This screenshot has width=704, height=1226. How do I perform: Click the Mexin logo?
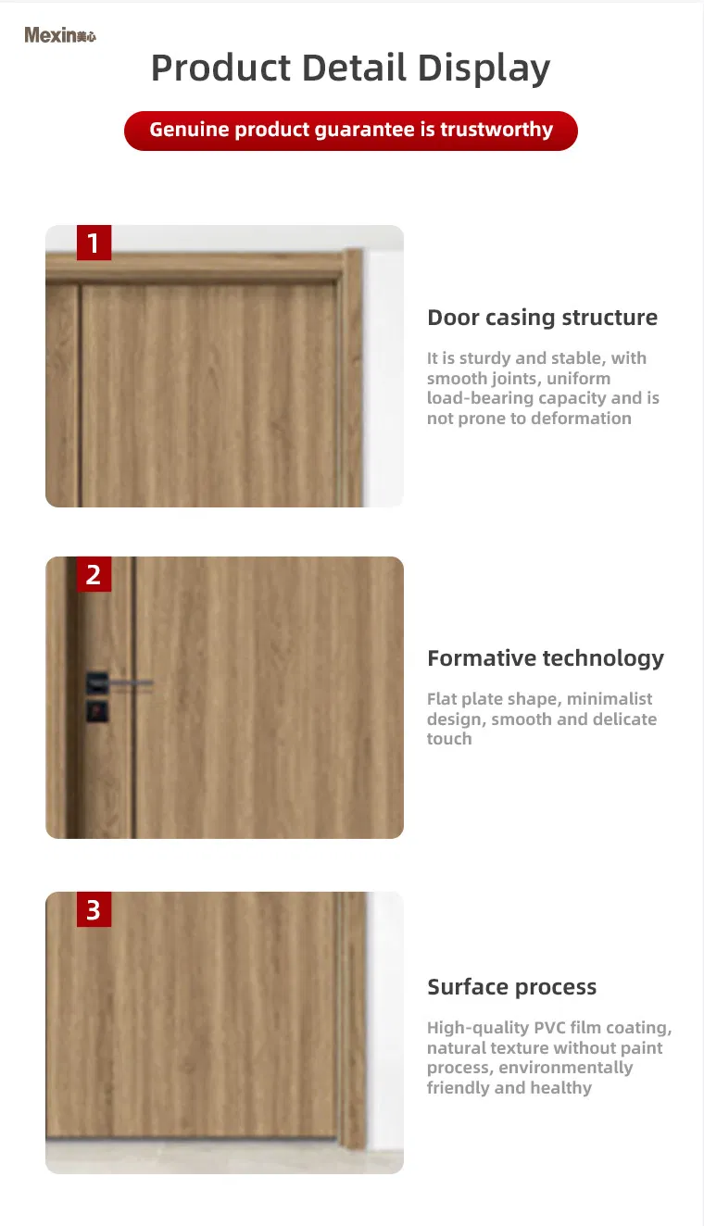point(60,35)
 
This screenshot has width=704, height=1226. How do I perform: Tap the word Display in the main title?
point(484,69)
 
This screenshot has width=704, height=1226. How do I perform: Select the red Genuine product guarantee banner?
point(351,131)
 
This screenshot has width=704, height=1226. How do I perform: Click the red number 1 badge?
point(94,244)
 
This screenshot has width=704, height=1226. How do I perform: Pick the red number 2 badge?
point(94,574)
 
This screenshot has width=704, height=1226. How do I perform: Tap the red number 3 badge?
point(94,909)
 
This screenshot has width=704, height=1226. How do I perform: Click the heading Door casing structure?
point(542,318)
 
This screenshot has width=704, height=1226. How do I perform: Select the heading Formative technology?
point(546,658)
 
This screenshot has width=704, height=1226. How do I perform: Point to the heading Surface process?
point(511,987)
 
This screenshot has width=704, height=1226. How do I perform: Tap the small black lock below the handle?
point(95,711)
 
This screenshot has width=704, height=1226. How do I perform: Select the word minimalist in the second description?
point(609,699)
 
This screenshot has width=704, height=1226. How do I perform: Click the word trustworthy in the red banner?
point(496,131)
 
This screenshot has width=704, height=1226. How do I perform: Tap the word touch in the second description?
point(449,739)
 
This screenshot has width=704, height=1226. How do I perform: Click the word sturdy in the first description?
point(484,358)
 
